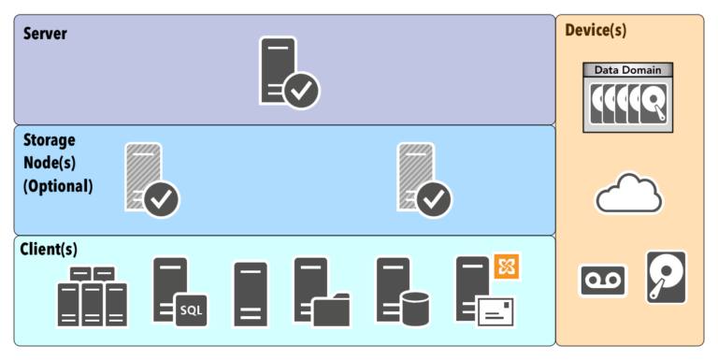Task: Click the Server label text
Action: (x=45, y=34)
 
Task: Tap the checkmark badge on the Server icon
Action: (x=302, y=91)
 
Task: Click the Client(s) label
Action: (x=49, y=250)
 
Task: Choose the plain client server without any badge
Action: (x=251, y=294)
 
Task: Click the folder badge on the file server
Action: (x=331, y=310)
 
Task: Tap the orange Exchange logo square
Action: (x=507, y=266)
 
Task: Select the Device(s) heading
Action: (x=596, y=30)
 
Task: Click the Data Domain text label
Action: (x=627, y=70)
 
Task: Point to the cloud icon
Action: (x=628, y=194)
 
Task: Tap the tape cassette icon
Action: (x=602, y=280)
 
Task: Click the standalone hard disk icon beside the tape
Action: (x=666, y=276)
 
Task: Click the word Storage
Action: (x=50, y=139)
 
